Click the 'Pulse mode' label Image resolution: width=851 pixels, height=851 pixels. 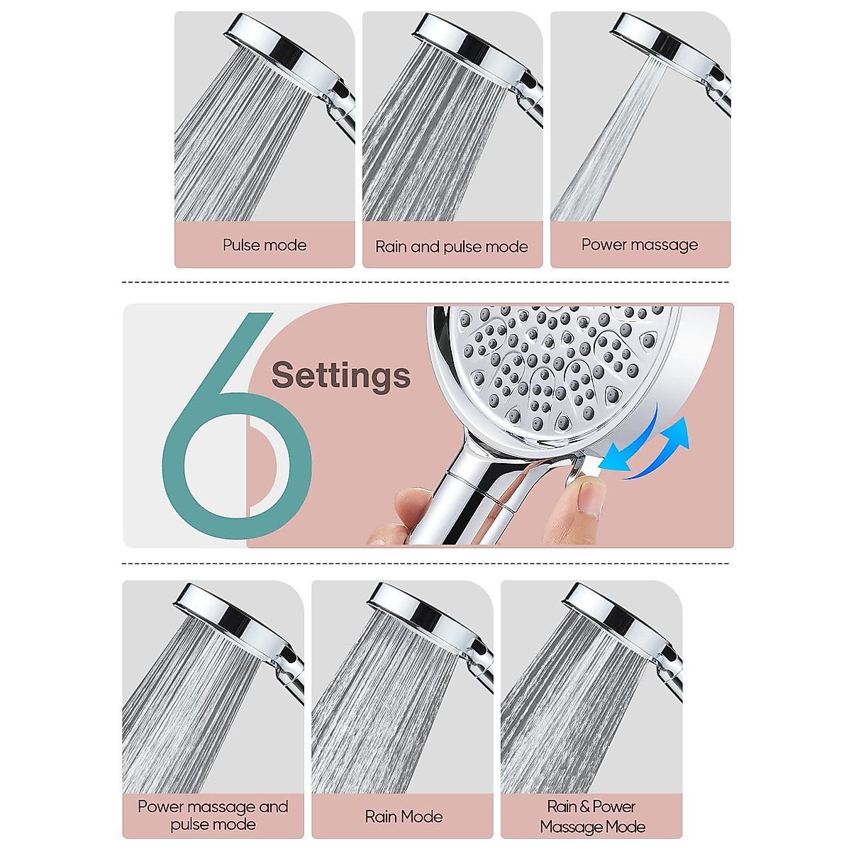[265, 245]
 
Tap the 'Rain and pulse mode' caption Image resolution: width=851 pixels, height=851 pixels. [452, 247]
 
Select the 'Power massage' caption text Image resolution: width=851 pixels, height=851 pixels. [640, 245]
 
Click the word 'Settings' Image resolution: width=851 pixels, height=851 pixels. [341, 375]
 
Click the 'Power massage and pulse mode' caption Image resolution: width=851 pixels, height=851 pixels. [213, 816]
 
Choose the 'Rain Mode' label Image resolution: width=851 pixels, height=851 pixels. [404, 817]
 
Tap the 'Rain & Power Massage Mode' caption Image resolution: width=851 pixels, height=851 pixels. [592, 817]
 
